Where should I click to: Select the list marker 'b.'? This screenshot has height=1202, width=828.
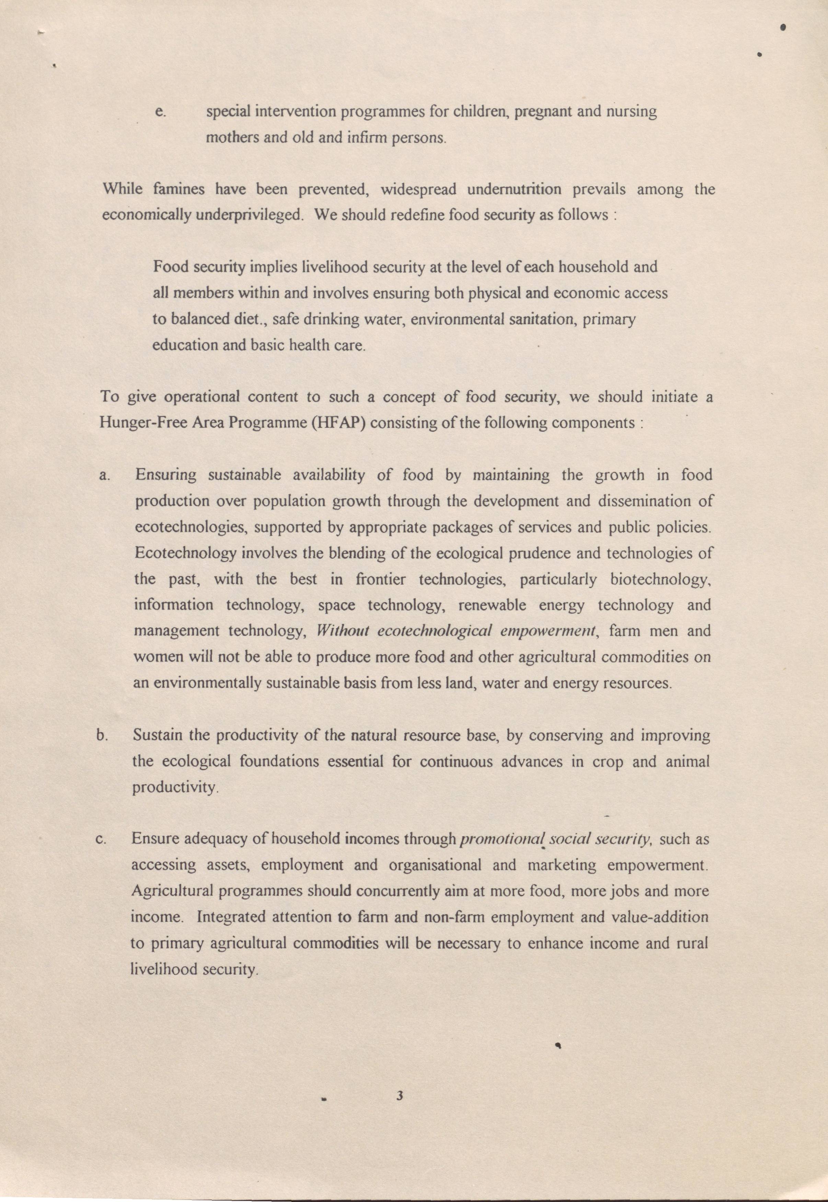(x=102, y=736)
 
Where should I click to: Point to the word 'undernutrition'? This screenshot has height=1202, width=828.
(x=514, y=189)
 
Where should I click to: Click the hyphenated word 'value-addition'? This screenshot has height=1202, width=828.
(x=660, y=917)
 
